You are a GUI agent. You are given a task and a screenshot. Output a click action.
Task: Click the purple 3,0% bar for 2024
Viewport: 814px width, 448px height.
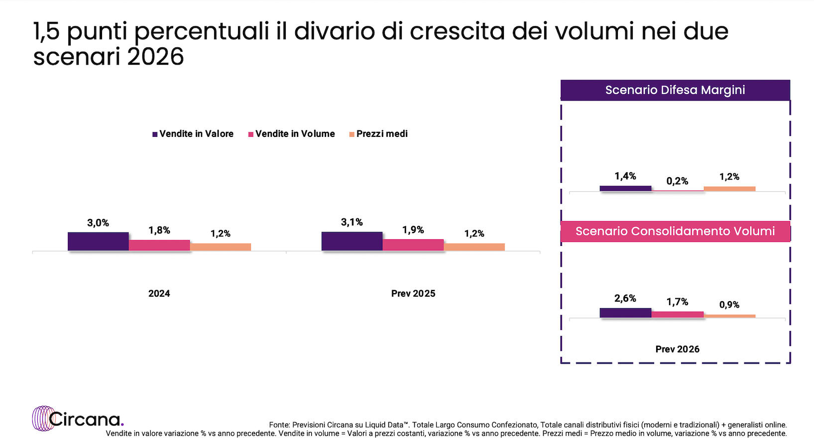coord(98,241)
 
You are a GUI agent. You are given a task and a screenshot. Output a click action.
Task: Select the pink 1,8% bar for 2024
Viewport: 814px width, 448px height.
coord(159,245)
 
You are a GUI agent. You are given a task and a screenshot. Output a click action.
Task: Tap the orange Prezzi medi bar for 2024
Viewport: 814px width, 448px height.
coord(220,247)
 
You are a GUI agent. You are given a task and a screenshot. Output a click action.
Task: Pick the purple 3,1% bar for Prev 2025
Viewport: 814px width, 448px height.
coord(352,241)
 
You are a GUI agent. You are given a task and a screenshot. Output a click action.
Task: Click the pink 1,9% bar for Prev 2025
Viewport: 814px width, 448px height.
coord(413,245)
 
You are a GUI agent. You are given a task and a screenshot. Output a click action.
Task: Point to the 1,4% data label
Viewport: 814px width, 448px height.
coord(625,176)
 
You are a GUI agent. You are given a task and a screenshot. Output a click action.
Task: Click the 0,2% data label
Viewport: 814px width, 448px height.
coord(677,181)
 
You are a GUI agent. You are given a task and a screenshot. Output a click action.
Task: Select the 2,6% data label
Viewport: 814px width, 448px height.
coord(625,298)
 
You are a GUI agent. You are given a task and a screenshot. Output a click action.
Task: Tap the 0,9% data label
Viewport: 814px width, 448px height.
coord(729,305)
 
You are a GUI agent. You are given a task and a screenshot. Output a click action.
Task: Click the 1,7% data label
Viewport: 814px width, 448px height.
coord(677,302)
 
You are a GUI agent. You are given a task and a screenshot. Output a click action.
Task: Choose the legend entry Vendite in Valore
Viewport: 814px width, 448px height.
coord(193,134)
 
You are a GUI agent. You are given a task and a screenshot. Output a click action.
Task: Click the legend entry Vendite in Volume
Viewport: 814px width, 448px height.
coord(292,134)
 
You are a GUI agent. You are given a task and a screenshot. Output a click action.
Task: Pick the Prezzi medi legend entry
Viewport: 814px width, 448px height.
coord(379,134)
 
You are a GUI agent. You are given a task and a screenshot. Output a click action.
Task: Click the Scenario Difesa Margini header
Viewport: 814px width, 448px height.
coord(675,90)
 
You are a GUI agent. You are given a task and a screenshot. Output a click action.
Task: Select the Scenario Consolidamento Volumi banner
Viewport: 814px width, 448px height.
coord(675,231)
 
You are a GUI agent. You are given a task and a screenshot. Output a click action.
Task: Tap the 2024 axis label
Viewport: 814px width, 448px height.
coord(159,294)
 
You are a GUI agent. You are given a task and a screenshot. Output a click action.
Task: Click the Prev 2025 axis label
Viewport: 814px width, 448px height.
coord(413,294)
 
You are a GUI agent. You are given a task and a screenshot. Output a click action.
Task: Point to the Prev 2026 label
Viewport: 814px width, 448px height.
coord(677,349)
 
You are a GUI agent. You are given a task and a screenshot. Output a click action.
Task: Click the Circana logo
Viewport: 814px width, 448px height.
coord(78,419)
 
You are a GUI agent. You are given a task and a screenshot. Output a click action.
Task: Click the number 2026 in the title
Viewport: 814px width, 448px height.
coord(155,57)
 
